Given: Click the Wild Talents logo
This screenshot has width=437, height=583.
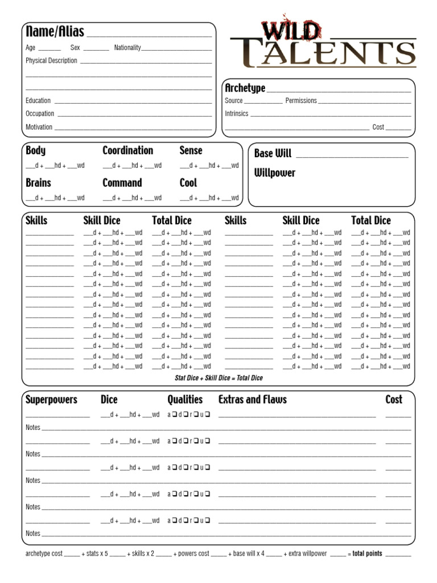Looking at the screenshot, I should (x=323, y=46).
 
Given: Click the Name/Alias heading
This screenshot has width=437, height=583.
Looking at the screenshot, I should (x=55, y=32).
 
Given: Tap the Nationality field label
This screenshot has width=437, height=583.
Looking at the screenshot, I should (x=127, y=48).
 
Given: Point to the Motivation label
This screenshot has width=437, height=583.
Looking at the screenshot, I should (x=39, y=127).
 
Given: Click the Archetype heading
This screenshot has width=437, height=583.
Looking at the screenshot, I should (x=245, y=88).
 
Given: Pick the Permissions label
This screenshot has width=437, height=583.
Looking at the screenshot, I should (x=301, y=101).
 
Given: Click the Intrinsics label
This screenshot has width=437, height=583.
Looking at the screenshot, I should (x=237, y=114).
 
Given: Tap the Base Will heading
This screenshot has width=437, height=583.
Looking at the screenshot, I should (x=273, y=154).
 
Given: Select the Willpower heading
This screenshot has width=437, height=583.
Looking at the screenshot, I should (x=275, y=173).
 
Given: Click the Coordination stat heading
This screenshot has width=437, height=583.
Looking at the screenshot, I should (x=127, y=151).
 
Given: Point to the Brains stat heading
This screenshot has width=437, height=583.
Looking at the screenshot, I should (x=38, y=183).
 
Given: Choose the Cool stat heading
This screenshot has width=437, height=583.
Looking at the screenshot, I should (x=188, y=183).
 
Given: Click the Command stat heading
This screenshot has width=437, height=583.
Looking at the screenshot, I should (x=122, y=183).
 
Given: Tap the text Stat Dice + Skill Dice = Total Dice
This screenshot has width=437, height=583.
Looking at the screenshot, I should (x=218, y=378).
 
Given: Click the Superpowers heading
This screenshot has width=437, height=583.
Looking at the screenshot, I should (x=51, y=400).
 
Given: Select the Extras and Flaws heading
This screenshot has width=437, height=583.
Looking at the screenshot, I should (x=252, y=400).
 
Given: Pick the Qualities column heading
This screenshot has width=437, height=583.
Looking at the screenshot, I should (x=185, y=400).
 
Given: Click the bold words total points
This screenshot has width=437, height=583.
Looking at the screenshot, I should (x=367, y=554).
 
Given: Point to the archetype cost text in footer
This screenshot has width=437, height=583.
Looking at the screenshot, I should (x=44, y=554).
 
